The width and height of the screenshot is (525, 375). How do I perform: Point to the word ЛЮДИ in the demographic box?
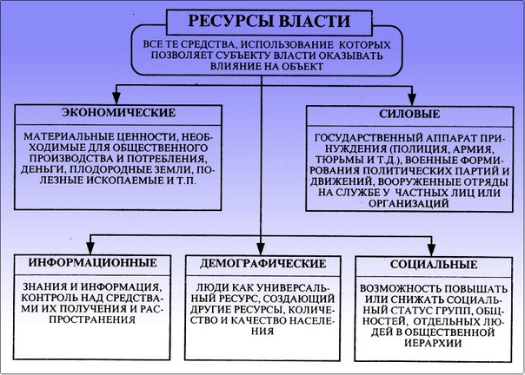pyautogui.click(x=213, y=286)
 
